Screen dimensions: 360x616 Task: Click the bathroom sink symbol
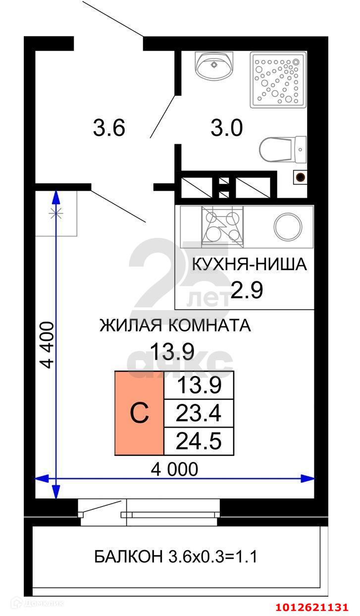(x=214, y=66)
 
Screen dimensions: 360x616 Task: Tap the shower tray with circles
(x=278, y=79)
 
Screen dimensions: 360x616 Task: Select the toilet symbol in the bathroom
(x=283, y=150)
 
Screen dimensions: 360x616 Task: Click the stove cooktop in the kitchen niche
(x=222, y=226)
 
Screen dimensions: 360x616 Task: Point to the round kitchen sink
(x=288, y=227)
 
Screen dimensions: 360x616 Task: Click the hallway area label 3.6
(x=109, y=128)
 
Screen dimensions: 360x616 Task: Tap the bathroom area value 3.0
(x=227, y=128)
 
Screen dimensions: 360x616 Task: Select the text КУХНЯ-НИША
(x=249, y=264)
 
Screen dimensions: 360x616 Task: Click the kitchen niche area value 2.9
(x=247, y=290)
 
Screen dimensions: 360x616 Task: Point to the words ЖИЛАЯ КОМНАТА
(x=175, y=325)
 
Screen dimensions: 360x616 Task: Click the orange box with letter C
(x=139, y=413)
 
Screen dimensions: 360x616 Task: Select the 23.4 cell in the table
(x=199, y=413)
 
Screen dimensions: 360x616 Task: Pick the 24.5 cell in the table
(x=199, y=441)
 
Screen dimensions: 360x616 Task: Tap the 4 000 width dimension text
(x=174, y=469)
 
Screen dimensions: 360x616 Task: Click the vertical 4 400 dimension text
(x=47, y=345)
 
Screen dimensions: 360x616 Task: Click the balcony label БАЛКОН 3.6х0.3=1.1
(x=176, y=557)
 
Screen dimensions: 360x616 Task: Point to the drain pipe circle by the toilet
(x=301, y=177)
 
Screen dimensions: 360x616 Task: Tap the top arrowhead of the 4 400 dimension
(x=56, y=197)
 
